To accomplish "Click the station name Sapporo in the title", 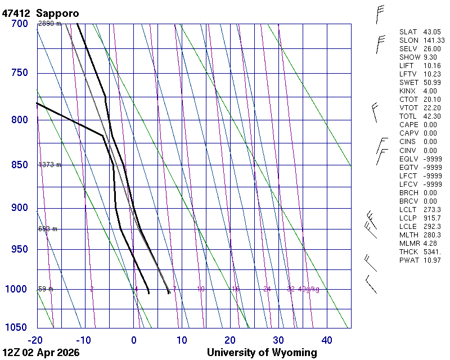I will click(x=58, y=13).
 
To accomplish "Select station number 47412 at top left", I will click(x=17, y=13).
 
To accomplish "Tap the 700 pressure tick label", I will click(x=20, y=24).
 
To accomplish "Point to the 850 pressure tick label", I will click(x=20, y=165).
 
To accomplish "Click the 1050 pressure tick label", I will click(x=17, y=328).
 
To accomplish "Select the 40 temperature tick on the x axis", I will click(x=327, y=340).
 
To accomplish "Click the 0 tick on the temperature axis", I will click(x=134, y=340).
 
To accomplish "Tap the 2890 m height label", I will click(x=49, y=24).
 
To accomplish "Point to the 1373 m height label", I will click(x=49, y=165).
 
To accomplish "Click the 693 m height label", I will click(x=48, y=229).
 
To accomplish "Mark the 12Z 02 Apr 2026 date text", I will click(x=41, y=353).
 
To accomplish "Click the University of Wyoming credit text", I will click(x=262, y=353).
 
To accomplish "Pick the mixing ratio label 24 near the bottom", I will click(x=267, y=289).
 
